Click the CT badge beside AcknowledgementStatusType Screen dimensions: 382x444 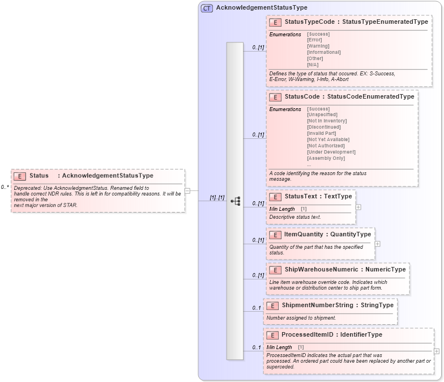tap(207, 8)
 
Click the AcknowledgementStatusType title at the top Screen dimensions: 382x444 tap(262, 8)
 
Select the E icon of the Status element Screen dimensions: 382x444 tap(20, 176)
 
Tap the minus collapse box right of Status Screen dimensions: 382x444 tap(187, 191)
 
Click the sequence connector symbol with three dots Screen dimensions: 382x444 tap(235, 201)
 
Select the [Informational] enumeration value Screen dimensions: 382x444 tap(323, 52)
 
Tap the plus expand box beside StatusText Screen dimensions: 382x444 tap(358, 207)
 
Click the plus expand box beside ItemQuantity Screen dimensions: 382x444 tap(378, 244)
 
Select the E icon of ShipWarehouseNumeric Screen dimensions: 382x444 tap(275, 270)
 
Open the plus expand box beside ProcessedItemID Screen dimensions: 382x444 tap(437, 351)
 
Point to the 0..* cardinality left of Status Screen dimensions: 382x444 tap(5, 186)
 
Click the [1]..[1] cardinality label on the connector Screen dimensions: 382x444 tap(217, 198)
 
